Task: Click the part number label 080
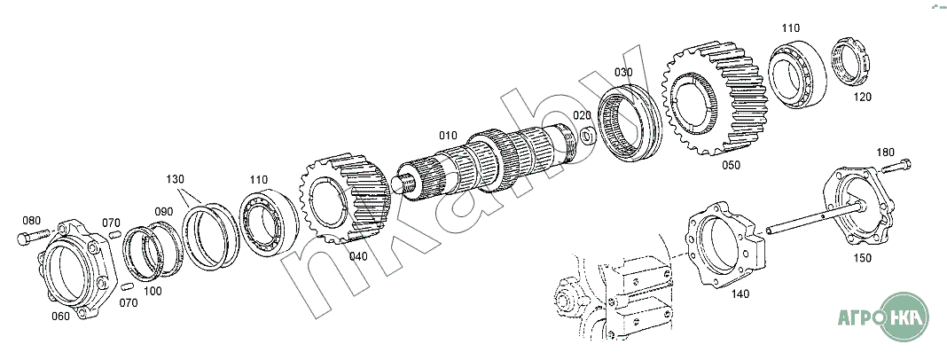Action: (x=32, y=220)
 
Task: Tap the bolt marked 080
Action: (x=33, y=236)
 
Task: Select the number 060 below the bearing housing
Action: (x=60, y=316)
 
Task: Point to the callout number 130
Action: (x=176, y=179)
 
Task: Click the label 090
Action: (x=164, y=211)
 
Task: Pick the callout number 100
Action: (x=153, y=291)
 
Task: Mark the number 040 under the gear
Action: (x=358, y=256)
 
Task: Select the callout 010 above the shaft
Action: (x=448, y=136)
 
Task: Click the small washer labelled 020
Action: (x=588, y=137)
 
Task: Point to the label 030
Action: (x=624, y=73)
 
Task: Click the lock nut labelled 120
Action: (x=850, y=61)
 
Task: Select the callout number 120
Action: (x=863, y=97)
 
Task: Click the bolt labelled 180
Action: (x=896, y=166)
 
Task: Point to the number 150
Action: (x=863, y=258)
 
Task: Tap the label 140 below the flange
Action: (x=740, y=294)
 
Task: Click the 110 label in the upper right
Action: (x=790, y=28)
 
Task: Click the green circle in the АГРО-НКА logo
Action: (x=904, y=317)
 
